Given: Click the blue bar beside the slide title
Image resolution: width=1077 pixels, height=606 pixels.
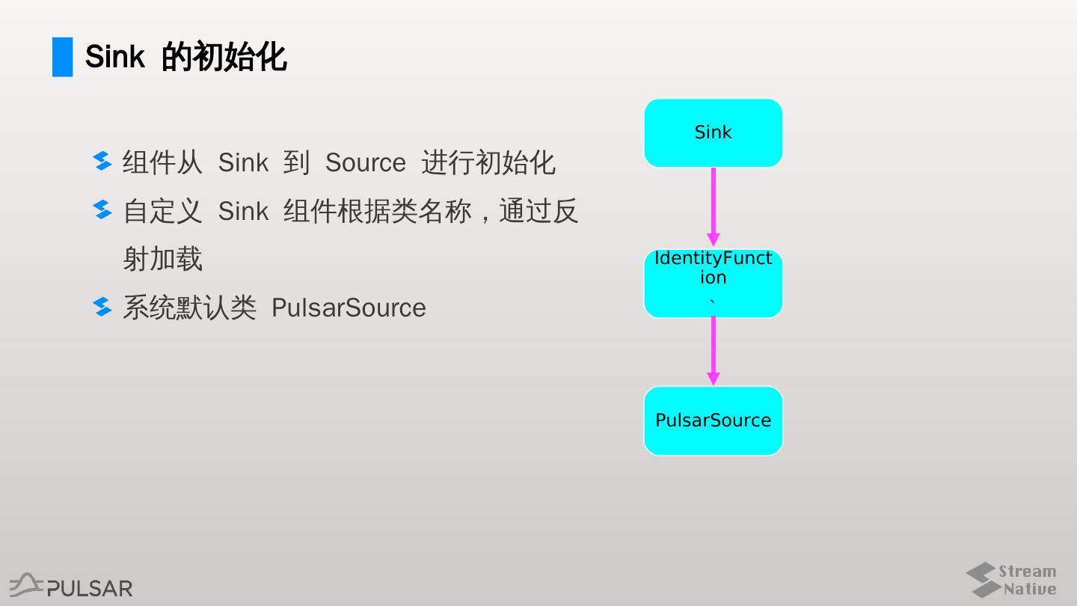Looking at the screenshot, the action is click(x=63, y=57).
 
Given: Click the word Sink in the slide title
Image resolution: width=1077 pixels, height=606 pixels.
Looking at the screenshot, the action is click(x=114, y=57).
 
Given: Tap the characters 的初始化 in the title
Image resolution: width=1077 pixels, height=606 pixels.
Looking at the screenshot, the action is click(x=224, y=57).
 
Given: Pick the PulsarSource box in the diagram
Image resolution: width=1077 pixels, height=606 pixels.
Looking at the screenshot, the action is click(x=713, y=420).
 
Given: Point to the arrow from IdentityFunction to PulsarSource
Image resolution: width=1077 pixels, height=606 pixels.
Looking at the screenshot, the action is click(x=713, y=351).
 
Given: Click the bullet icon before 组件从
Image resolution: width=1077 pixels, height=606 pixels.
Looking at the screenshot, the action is click(x=102, y=162).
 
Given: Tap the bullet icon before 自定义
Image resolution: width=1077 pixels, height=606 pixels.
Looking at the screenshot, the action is click(x=102, y=210).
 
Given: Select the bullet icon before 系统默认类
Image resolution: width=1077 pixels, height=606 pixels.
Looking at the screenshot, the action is click(x=102, y=307).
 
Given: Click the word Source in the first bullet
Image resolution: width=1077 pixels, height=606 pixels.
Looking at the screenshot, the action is click(x=365, y=162).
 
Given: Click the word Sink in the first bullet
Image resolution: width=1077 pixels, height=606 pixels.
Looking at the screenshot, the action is click(x=243, y=162).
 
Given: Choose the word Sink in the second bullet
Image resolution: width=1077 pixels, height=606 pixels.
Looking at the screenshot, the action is click(x=243, y=211).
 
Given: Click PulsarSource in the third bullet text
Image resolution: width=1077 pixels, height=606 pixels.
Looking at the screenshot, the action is click(x=349, y=307).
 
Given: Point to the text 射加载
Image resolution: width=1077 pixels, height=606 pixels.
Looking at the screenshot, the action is click(x=162, y=259).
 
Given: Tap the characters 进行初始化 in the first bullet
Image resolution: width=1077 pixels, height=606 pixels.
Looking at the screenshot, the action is click(x=488, y=162).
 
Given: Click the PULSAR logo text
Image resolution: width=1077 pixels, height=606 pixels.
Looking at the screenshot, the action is click(x=89, y=588).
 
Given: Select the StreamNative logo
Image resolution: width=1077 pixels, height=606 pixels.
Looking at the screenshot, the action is click(x=1011, y=580).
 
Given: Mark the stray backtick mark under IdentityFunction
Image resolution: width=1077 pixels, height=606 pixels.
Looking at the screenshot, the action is click(x=712, y=302).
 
